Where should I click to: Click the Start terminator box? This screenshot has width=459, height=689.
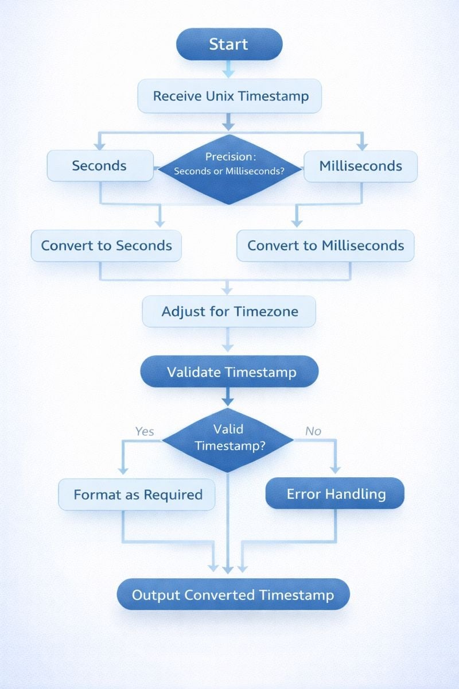point(229,44)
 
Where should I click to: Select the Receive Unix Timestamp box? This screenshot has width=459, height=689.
point(229,95)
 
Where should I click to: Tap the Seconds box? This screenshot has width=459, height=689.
point(100,166)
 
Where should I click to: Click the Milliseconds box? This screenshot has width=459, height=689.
point(360,166)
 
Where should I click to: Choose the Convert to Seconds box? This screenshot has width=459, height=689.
point(106,246)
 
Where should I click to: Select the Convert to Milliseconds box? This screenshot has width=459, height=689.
point(325,246)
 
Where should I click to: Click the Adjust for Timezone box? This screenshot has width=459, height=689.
point(229,312)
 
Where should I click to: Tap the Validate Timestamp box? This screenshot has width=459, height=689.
point(229,372)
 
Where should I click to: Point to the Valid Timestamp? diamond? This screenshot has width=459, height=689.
point(228,438)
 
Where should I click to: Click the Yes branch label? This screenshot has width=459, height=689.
point(144,431)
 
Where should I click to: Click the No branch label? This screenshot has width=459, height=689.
point(313,431)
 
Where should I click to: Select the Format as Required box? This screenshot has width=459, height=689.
point(137,494)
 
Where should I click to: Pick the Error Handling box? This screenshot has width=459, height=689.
point(335,493)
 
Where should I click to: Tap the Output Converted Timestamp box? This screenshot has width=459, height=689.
point(233,594)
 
